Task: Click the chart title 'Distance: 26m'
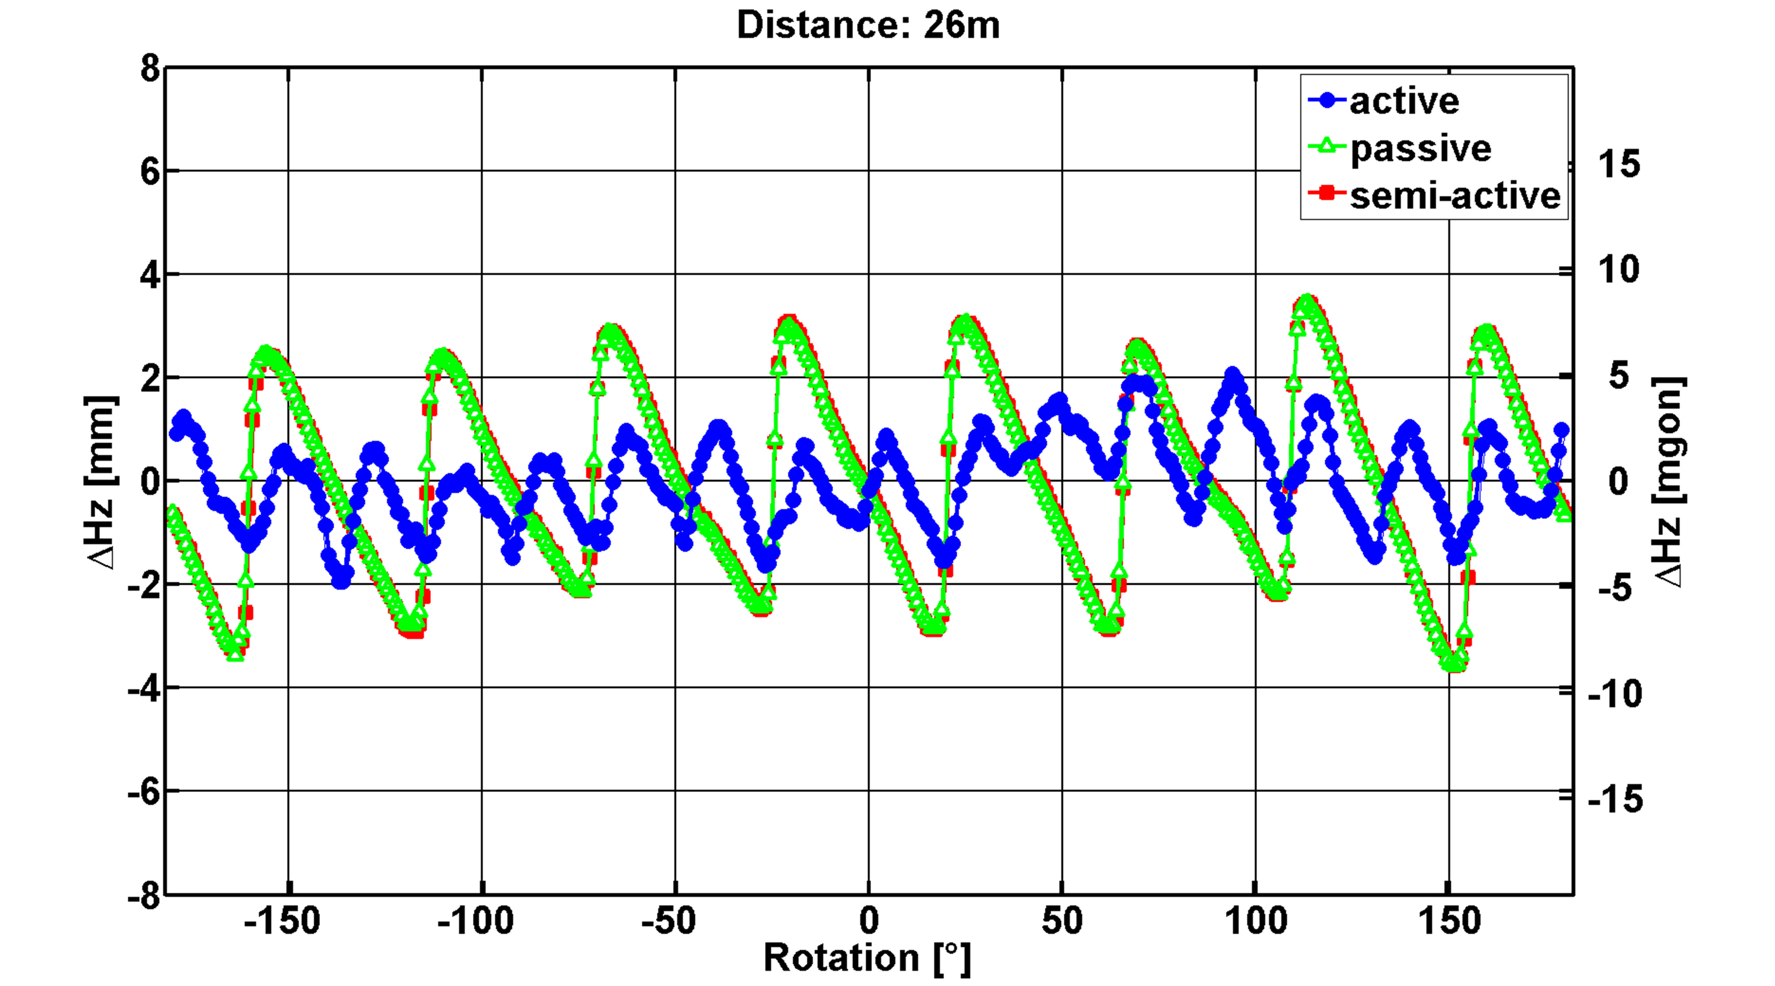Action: coord(868,26)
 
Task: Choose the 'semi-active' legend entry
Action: coord(1455,196)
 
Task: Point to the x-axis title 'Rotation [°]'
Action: coord(867,958)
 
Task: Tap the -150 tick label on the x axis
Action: coord(282,921)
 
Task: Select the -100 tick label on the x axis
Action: coord(476,921)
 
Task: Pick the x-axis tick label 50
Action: coord(1062,921)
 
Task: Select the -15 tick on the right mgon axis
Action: coord(1615,799)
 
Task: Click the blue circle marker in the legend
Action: coord(1326,101)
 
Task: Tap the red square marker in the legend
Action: coord(1326,194)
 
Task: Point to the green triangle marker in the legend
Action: coord(1326,147)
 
